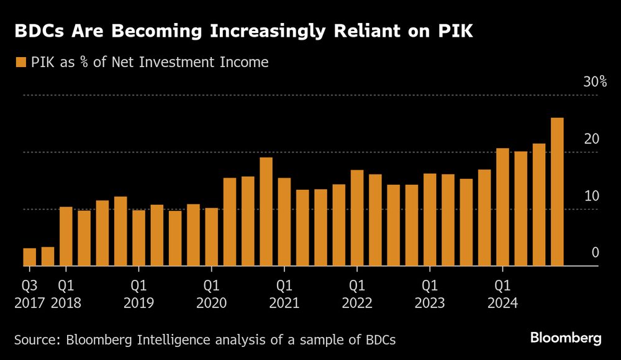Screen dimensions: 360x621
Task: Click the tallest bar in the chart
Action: [x=557, y=192]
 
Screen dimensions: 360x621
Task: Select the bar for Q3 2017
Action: [x=29, y=257]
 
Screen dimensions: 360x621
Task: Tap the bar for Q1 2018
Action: [x=66, y=236]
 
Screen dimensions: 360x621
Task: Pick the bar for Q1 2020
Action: [x=212, y=237]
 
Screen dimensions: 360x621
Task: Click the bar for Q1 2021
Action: [x=284, y=222]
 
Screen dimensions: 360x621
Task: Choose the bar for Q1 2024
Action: [x=502, y=207]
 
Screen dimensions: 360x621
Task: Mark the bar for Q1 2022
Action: [x=357, y=218]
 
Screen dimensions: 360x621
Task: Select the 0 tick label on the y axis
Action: [x=595, y=253]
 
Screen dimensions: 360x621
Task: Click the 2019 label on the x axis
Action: [x=139, y=303]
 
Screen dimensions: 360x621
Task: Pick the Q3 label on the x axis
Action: [x=29, y=286]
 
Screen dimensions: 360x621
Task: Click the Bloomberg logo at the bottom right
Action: [x=566, y=338]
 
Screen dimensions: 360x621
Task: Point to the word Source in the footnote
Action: [x=35, y=340]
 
